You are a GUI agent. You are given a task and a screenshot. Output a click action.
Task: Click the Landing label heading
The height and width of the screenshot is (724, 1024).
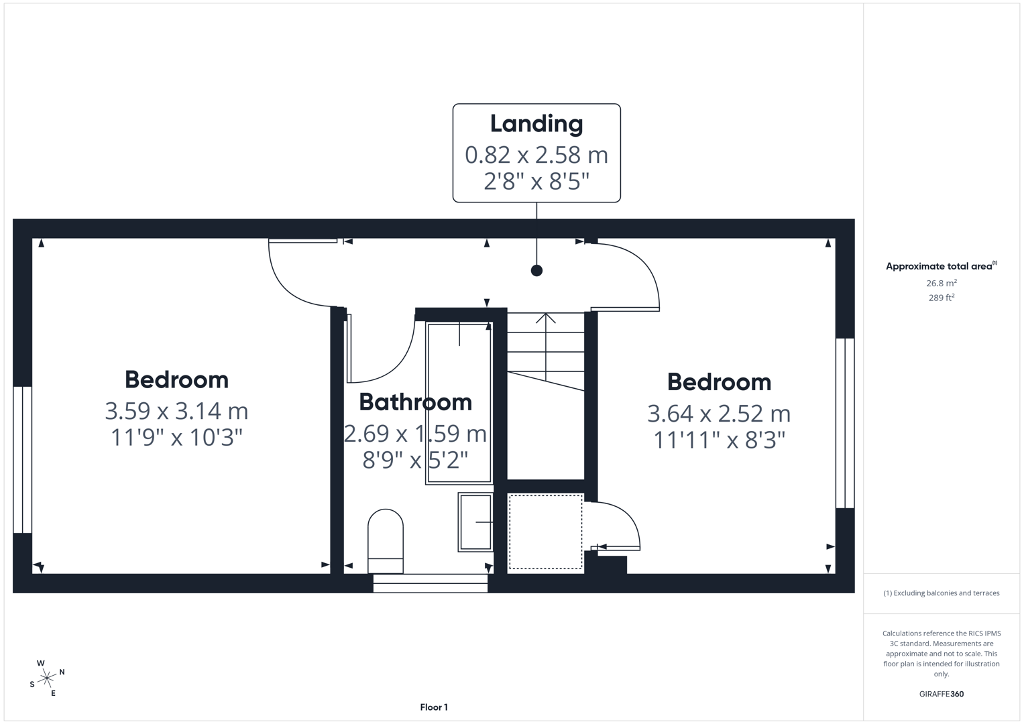pyautogui.click(x=536, y=124)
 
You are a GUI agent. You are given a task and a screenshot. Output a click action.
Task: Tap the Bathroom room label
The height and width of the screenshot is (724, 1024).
pyautogui.click(x=415, y=402)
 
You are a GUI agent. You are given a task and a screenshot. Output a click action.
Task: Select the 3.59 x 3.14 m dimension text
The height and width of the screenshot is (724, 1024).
pyautogui.click(x=176, y=410)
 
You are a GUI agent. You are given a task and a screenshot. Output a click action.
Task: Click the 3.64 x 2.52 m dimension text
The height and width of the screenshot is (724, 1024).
pyautogui.click(x=718, y=414)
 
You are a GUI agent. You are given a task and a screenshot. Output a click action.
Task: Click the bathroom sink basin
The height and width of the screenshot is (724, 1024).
pyautogui.click(x=475, y=522)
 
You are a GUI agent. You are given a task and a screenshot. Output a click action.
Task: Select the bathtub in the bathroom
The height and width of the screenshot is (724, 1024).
pyautogui.click(x=459, y=403)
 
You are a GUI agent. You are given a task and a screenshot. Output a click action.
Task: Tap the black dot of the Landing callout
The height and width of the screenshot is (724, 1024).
pyautogui.click(x=536, y=271)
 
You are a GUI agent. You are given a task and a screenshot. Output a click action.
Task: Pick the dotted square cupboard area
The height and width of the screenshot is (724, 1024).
pyautogui.click(x=545, y=532)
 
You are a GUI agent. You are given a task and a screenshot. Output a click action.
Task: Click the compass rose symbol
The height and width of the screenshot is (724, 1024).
pyautogui.click(x=47, y=678)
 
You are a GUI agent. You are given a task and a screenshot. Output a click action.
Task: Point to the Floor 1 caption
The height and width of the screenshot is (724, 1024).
pyautogui.click(x=434, y=707)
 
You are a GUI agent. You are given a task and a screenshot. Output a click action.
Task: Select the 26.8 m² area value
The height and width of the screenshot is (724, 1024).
pyautogui.click(x=941, y=284)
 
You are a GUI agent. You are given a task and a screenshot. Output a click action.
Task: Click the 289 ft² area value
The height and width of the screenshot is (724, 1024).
pyautogui.click(x=941, y=298)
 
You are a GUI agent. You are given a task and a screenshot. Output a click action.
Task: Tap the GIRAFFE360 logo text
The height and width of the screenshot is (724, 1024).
pyautogui.click(x=941, y=694)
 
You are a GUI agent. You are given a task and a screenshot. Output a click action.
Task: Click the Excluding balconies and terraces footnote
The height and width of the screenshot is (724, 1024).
pyautogui.click(x=941, y=593)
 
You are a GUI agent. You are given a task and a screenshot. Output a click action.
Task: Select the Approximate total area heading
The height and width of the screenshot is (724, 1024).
pyautogui.click(x=940, y=266)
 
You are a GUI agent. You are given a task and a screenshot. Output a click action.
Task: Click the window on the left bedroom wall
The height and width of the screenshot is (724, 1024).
pyautogui.click(x=22, y=460)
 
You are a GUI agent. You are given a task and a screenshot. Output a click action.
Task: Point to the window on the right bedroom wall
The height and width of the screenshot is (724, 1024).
pyautogui.click(x=844, y=423)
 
